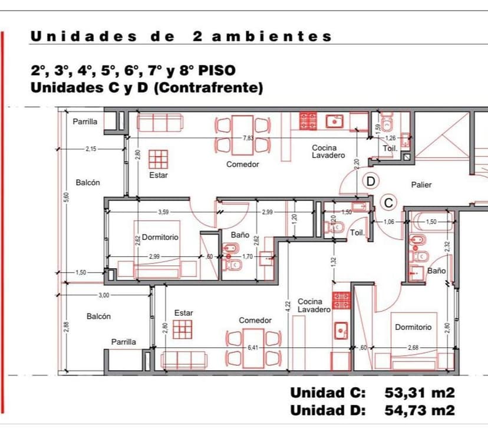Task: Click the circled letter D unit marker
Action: point(371,181)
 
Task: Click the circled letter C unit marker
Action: point(388,203)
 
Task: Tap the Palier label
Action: point(421,185)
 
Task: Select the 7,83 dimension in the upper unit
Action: point(248,138)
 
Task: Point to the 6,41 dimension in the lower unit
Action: point(253,348)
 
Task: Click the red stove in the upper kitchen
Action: point(308,121)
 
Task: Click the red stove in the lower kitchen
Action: point(341,301)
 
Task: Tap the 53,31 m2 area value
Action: point(420,392)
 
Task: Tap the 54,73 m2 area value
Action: point(420,410)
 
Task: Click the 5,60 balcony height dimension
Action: point(67,197)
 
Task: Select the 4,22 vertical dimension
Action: point(288,306)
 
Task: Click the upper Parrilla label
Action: point(85,121)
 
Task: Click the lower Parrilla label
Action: point(124,342)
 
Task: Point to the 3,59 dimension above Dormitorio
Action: point(163,212)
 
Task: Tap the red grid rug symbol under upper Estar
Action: point(158,159)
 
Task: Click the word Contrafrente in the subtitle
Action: point(209,88)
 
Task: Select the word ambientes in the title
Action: point(272,37)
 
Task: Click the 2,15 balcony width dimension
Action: point(91,149)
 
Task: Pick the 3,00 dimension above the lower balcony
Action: point(104,295)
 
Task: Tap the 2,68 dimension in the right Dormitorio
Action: point(413,348)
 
